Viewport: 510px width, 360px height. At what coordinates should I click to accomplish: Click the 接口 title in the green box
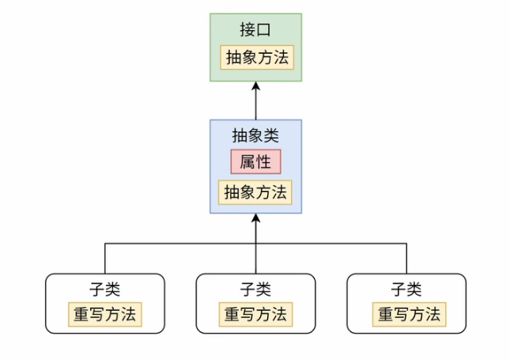pyautogui.click(x=255, y=31)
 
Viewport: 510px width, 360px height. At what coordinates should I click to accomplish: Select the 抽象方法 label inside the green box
pyautogui.click(x=256, y=58)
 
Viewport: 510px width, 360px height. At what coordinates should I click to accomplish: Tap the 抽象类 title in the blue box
pyautogui.click(x=255, y=135)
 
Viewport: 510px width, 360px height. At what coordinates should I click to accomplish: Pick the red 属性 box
pyautogui.click(x=255, y=162)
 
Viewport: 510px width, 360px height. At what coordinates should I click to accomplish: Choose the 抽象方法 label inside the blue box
pyautogui.click(x=255, y=192)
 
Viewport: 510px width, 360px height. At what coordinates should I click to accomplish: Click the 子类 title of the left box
pyautogui.click(x=104, y=289)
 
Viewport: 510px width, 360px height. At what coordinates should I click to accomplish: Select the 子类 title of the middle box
pyautogui.click(x=255, y=289)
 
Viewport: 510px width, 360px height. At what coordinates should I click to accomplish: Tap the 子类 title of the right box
pyautogui.click(x=406, y=289)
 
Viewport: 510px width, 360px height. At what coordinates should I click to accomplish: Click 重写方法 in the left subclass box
pyautogui.click(x=104, y=314)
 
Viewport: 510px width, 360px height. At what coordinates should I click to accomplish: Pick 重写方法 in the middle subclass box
pyautogui.click(x=255, y=314)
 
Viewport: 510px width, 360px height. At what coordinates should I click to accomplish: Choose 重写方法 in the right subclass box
pyautogui.click(x=407, y=314)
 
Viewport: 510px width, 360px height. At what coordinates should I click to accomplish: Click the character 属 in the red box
pyautogui.click(x=247, y=162)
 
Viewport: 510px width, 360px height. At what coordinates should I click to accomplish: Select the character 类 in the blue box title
pyautogui.click(x=272, y=135)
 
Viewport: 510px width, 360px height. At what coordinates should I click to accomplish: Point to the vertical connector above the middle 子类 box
pyautogui.click(x=255, y=259)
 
